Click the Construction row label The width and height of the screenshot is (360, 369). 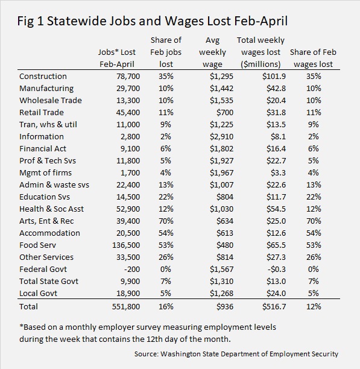(x=43, y=76)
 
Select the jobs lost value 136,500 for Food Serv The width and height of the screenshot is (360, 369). (x=126, y=245)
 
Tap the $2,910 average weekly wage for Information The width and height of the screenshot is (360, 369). (x=221, y=136)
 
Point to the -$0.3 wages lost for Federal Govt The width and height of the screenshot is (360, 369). (x=276, y=270)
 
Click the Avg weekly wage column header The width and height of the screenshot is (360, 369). (x=212, y=52)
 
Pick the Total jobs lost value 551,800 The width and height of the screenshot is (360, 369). (x=126, y=306)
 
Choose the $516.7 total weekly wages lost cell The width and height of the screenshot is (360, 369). (x=274, y=306)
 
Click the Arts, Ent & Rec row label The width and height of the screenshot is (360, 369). (x=46, y=221)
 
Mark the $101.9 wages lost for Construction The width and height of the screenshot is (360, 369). (x=274, y=76)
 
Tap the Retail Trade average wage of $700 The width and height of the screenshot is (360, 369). (x=225, y=112)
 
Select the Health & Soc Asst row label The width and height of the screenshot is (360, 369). (x=51, y=209)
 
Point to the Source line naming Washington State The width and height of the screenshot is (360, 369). (x=236, y=354)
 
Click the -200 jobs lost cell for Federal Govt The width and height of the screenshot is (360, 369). (x=132, y=270)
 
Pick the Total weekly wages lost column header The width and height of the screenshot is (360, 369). (x=261, y=52)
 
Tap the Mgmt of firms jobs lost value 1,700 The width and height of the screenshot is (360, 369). (x=130, y=172)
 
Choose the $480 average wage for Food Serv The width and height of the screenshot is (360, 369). (x=225, y=245)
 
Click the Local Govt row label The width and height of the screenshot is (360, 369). (x=38, y=293)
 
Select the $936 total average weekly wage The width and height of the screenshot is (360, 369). (x=225, y=306)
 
